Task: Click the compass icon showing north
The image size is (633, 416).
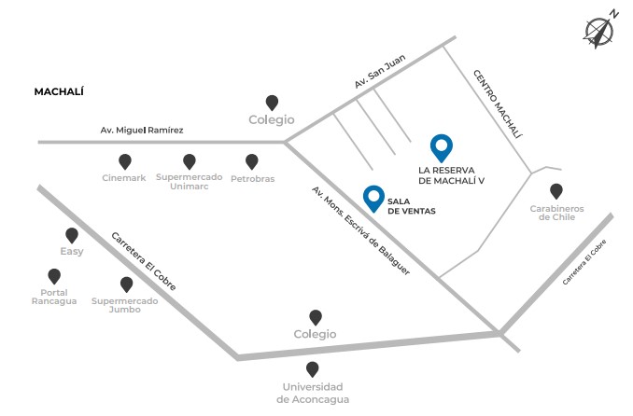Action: [598, 31]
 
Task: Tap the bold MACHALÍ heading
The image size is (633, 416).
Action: [59, 91]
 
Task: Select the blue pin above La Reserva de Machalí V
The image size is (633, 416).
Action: [441, 147]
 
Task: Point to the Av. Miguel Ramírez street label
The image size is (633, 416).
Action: [142, 130]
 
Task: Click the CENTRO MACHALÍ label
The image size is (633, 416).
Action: [497, 104]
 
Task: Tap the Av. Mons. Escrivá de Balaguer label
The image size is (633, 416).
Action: [360, 237]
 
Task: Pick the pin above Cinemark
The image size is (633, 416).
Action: [124, 161]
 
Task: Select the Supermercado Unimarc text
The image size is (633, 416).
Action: [189, 182]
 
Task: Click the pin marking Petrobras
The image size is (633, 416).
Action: [251, 161]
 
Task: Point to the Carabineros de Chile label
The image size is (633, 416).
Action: [556, 213]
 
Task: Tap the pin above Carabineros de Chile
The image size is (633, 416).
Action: [556, 190]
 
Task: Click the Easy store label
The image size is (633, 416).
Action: [72, 252]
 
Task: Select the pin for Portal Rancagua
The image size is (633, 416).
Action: [54, 276]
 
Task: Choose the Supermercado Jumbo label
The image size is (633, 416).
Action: [124, 304]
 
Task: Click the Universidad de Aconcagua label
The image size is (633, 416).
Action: [312, 392]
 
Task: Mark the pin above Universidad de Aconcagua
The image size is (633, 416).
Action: [312, 369]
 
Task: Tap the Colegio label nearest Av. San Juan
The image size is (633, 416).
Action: [271, 119]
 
